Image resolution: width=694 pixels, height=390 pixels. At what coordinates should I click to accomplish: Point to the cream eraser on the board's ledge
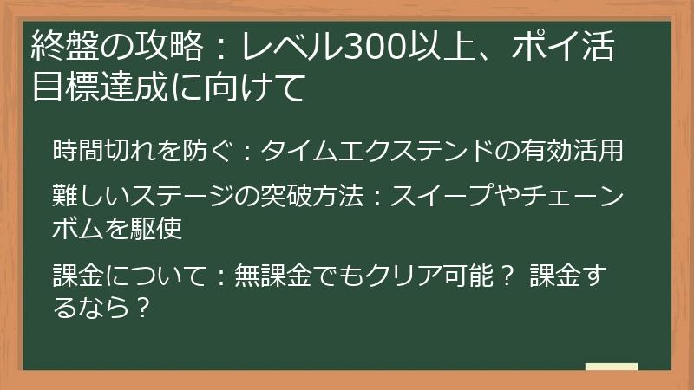coord(612,367)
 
